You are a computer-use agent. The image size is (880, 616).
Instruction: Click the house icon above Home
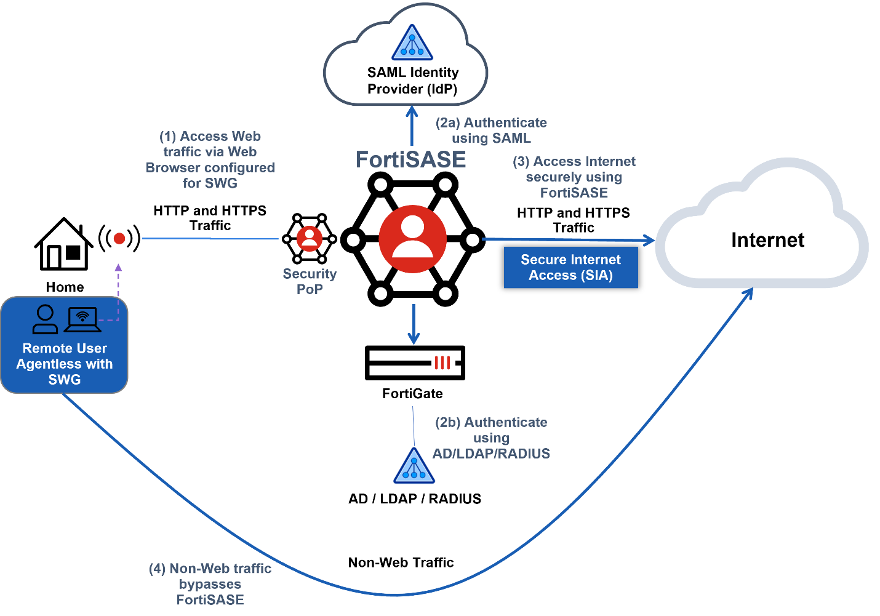63,244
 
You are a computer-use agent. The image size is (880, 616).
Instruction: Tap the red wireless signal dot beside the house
119,238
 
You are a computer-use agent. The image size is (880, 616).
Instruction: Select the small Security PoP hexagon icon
309,238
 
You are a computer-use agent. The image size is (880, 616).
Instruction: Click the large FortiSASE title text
410,159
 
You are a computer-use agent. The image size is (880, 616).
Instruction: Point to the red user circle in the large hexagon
412,239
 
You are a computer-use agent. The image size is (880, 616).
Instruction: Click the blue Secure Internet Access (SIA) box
570,267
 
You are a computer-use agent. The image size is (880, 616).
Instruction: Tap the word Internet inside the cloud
767,240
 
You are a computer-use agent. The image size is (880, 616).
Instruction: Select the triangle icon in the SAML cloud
412,44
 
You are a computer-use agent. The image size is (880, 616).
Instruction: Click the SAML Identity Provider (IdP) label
412,81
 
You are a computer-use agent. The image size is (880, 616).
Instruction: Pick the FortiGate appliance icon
414,362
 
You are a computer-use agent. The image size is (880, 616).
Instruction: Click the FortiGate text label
412,393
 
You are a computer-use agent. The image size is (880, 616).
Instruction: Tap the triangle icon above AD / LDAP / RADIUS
414,466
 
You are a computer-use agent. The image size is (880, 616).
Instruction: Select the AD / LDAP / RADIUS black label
414,498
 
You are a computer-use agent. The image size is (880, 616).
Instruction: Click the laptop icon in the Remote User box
82,319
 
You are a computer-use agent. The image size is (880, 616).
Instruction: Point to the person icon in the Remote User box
45,319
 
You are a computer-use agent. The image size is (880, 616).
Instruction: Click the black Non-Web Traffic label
401,562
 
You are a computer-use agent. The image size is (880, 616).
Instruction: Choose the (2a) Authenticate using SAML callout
491,130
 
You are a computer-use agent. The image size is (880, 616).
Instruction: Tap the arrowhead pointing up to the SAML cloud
412,111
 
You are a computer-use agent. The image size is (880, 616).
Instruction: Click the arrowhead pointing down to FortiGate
414,338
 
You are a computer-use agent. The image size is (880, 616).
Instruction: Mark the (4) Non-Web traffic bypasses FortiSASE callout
210,584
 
